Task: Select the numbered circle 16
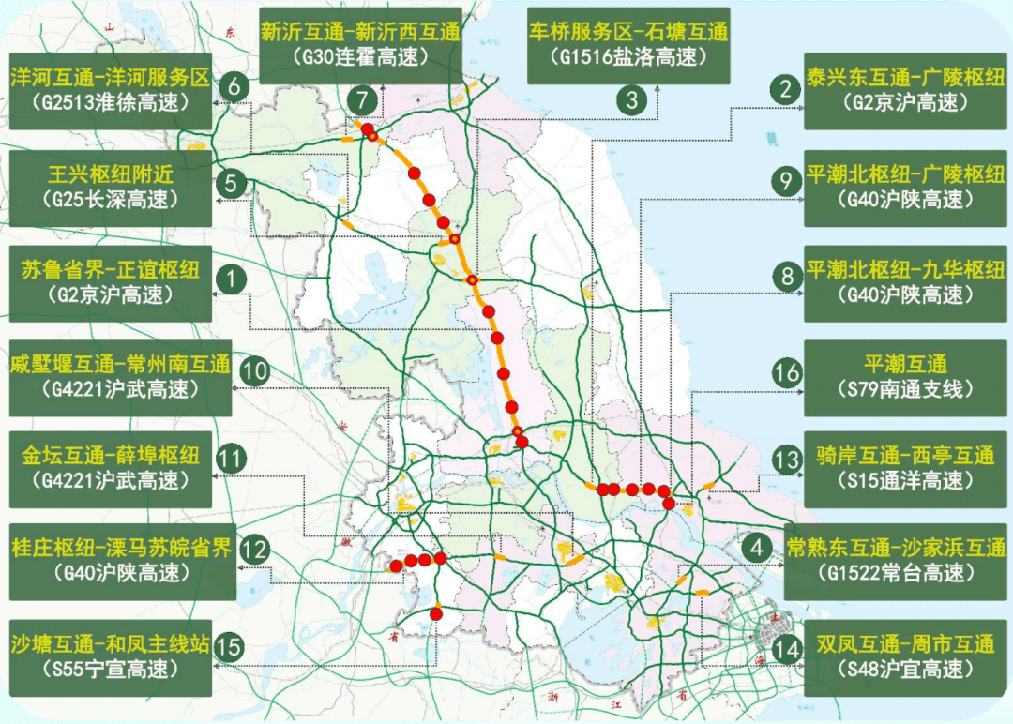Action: [x=787, y=373]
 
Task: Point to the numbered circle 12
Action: [x=255, y=549]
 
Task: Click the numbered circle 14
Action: [x=787, y=647]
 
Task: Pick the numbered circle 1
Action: [x=230, y=279]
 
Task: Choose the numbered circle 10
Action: [x=255, y=371]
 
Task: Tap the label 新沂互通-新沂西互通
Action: [x=360, y=32]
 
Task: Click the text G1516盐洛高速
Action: [x=627, y=56]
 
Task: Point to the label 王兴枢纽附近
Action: [x=111, y=174]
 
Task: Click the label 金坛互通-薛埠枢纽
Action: [x=111, y=457]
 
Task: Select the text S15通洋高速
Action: [x=904, y=481]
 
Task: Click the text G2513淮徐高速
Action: [x=111, y=102]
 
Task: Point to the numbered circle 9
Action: [x=787, y=181]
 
